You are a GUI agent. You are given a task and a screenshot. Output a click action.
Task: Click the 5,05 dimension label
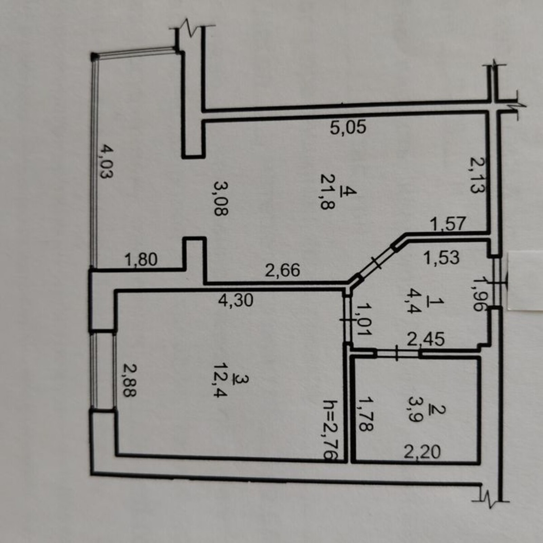pyautogui.click(x=348, y=128)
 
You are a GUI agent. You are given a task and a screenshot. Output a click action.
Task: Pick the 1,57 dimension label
pyautogui.click(x=447, y=225)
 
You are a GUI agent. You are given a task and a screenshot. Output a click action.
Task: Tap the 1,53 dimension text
pyautogui.click(x=441, y=257)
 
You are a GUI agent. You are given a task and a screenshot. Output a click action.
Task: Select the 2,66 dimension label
pyautogui.click(x=282, y=270)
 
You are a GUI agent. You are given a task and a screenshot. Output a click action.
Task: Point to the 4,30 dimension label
pyautogui.click(x=236, y=300)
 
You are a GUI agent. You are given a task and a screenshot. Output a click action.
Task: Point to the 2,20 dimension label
pyautogui.click(x=423, y=452)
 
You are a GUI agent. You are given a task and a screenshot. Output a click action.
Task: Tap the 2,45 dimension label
pyautogui.click(x=426, y=339)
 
